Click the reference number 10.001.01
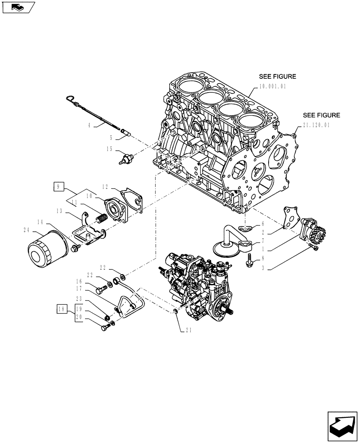point(271,87)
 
